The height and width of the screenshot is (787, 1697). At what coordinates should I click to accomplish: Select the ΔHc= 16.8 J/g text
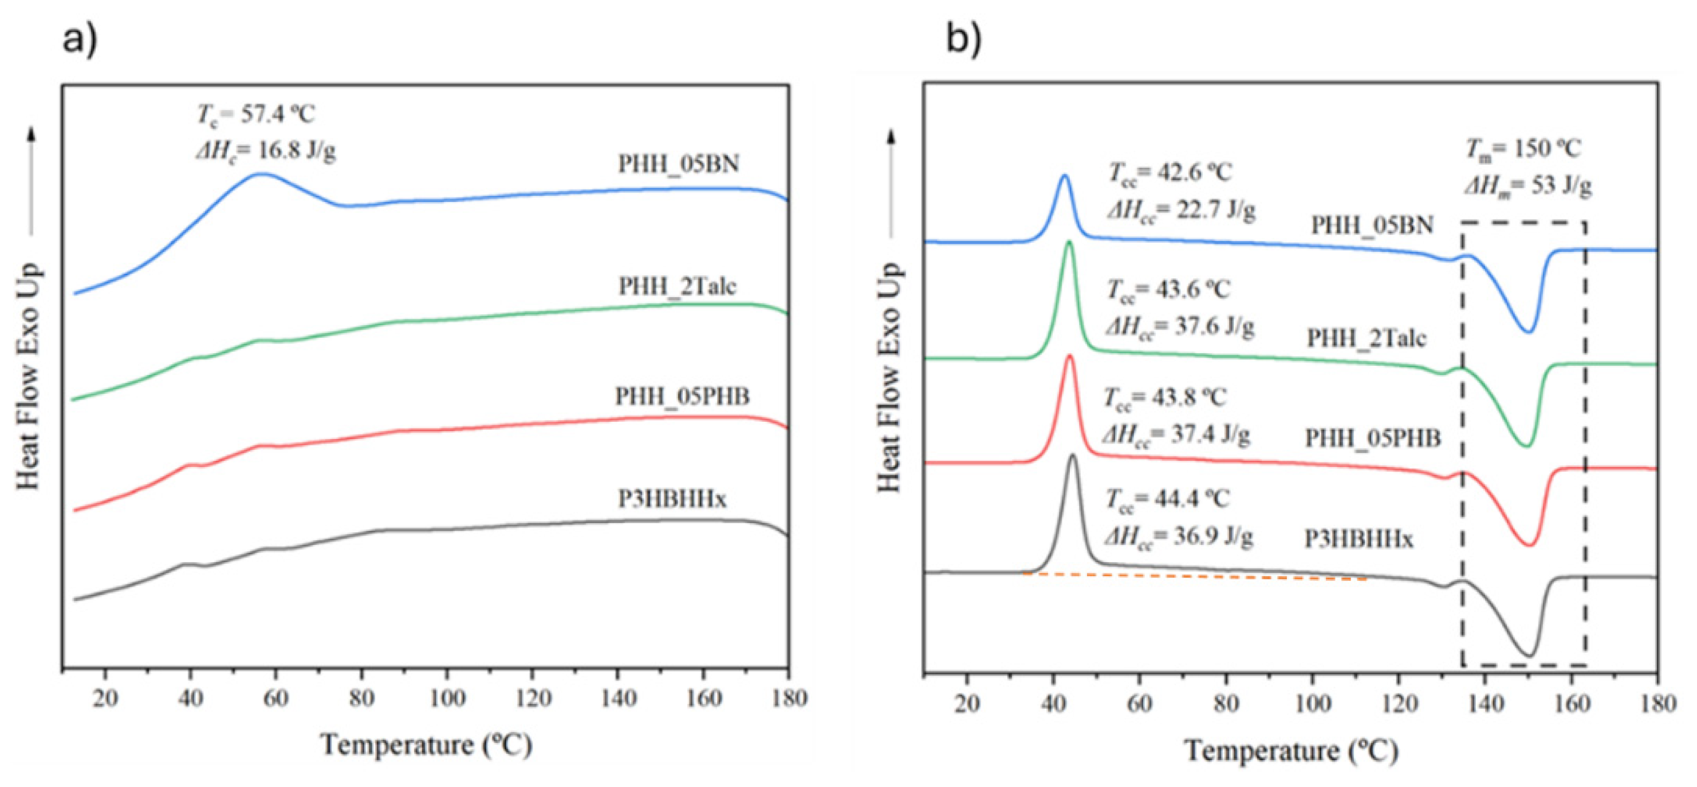(x=266, y=152)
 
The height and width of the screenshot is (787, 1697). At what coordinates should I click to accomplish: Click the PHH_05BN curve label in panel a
(x=679, y=163)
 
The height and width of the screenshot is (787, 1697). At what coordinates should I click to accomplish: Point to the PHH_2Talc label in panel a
(x=677, y=287)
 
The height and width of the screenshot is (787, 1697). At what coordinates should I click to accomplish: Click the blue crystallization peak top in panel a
(x=262, y=174)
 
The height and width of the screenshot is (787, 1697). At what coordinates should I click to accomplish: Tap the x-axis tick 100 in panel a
(x=447, y=698)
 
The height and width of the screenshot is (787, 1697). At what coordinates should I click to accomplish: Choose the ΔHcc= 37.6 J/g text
(x=1180, y=327)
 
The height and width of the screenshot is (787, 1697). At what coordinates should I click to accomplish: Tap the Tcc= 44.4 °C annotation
(x=1167, y=499)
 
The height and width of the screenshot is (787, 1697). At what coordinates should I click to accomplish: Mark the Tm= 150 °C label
(x=1522, y=149)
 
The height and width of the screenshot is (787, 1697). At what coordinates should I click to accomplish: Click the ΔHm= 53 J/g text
(x=1529, y=187)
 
